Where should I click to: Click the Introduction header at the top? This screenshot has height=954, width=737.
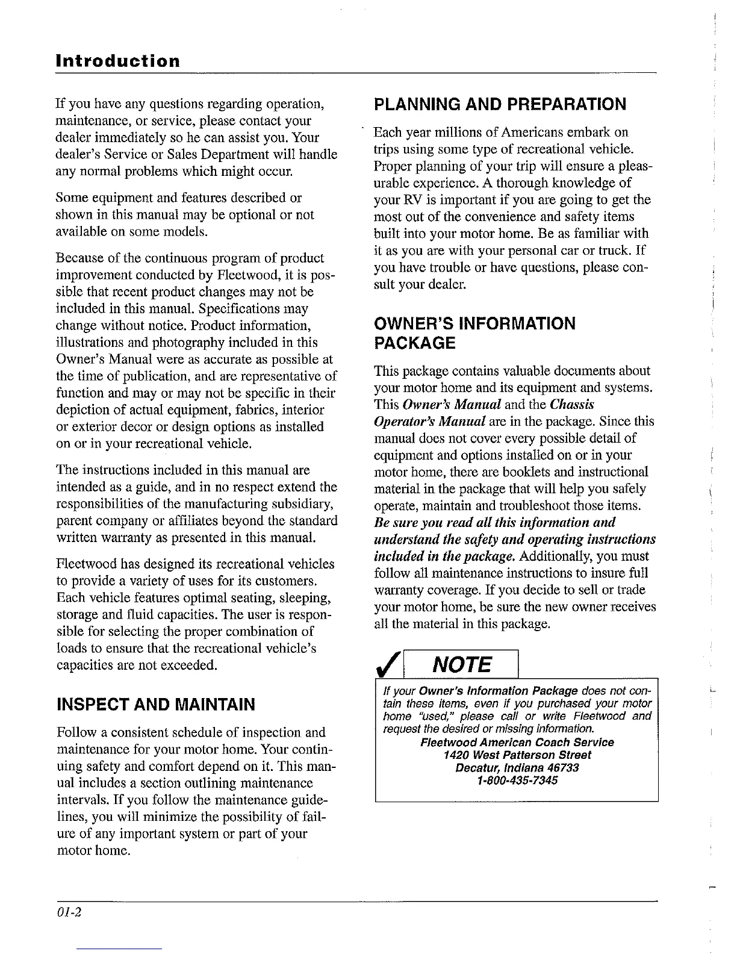click(x=117, y=61)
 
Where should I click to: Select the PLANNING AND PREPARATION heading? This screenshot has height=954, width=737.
click(x=500, y=104)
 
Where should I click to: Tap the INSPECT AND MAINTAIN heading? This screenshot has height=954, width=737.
click(x=155, y=704)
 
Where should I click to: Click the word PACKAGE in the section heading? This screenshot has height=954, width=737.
click(x=414, y=344)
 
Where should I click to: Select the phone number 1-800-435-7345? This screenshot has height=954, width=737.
click(x=517, y=780)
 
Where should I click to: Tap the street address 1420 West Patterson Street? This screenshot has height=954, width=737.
click(x=517, y=755)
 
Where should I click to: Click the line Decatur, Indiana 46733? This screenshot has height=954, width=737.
click(x=517, y=767)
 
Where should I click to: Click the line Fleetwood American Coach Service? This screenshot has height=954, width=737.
click(x=517, y=742)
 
